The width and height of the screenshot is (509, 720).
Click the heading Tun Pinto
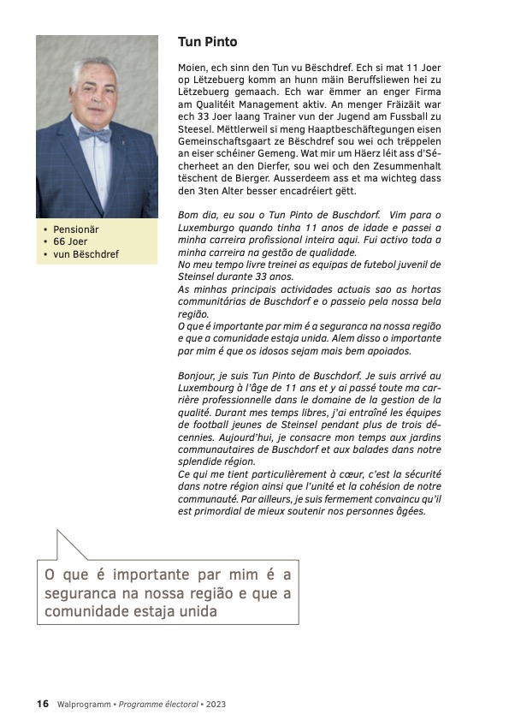tap(207, 42)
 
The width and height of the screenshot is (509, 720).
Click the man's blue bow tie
tap(95, 134)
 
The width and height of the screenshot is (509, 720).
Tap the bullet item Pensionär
tap(76, 230)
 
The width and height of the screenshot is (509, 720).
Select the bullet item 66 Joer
tap(70, 242)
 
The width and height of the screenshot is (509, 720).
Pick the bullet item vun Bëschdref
tap(86, 254)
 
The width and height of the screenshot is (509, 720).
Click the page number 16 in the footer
tap(42, 704)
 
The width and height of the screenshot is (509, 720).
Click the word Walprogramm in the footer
tap(84, 704)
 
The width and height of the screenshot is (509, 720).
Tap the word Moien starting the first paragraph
tap(192, 67)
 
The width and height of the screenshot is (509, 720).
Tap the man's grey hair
tap(96, 67)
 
